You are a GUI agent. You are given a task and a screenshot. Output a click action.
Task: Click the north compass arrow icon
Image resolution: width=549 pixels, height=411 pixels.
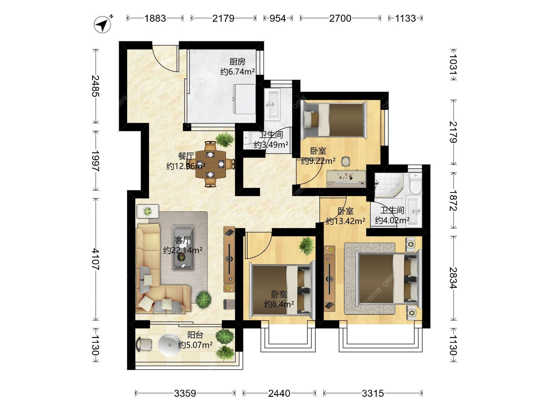click(x=103, y=24)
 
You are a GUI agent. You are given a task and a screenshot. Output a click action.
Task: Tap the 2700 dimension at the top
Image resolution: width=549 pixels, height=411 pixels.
click(x=340, y=18)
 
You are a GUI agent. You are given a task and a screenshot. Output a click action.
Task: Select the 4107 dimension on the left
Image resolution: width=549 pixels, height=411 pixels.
click(x=96, y=259)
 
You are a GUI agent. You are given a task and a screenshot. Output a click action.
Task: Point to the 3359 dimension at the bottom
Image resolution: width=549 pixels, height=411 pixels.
click(x=185, y=393)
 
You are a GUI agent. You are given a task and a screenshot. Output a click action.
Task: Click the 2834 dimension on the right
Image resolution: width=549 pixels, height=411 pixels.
click(x=453, y=278)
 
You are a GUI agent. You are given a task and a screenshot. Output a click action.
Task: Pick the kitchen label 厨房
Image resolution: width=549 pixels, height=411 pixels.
click(x=237, y=62)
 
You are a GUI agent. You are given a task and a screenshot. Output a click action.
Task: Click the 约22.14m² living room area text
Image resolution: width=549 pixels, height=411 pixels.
click(x=183, y=250)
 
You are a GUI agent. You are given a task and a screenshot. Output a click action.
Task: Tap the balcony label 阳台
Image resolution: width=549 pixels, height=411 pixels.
click(x=195, y=335)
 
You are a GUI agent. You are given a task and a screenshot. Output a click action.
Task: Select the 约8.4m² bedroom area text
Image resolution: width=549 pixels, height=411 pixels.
click(x=279, y=304)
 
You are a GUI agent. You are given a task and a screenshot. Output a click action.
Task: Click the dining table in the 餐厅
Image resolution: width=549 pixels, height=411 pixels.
click(x=210, y=164)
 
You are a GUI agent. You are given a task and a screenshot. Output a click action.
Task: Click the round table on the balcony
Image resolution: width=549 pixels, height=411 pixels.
click(x=170, y=345)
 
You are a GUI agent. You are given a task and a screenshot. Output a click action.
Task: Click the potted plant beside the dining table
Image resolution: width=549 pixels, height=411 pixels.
click(x=225, y=140)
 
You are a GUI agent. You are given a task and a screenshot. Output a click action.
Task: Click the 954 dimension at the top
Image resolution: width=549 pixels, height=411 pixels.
click(x=278, y=18)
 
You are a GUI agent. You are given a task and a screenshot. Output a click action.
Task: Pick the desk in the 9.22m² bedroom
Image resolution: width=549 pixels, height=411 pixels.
click(x=346, y=179)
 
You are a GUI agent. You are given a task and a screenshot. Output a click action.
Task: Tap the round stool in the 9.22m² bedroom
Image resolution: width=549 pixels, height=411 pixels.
click(x=346, y=162)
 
